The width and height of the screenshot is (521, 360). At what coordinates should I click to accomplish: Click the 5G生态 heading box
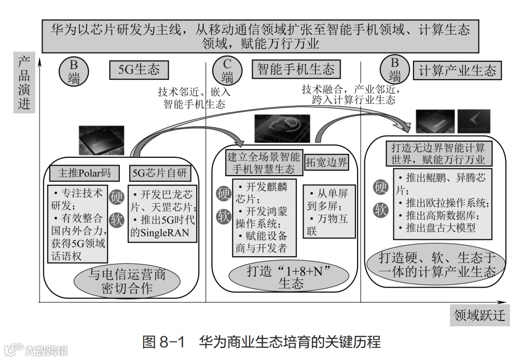[139, 70]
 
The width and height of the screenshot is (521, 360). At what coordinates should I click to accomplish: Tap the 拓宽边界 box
[327, 162]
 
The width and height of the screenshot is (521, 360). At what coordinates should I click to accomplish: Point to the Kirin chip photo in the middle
[282, 129]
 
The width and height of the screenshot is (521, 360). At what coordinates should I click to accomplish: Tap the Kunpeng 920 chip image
[473, 121]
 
